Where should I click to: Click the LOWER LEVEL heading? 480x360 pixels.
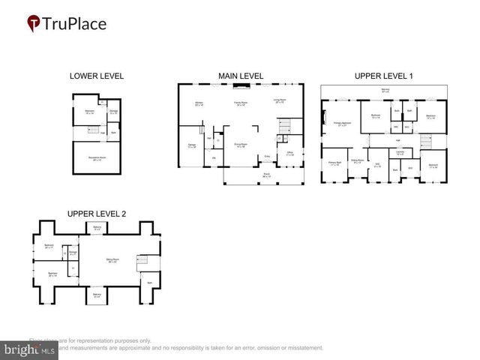(96, 76)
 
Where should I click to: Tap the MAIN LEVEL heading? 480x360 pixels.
(241, 76)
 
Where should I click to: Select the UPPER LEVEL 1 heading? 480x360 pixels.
(385, 76)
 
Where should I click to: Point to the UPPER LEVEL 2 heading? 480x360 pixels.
(96, 214)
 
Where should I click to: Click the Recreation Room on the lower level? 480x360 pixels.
(97, 158)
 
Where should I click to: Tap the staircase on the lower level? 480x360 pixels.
(93, 130)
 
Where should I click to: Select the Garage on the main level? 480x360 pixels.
(192, 146)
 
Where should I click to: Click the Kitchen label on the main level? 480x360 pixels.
(199, 103)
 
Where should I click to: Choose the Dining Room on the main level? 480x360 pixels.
(241, 145)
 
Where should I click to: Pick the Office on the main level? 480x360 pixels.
(289, 154)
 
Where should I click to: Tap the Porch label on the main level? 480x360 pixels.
(266, 175)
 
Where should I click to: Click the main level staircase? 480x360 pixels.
(284, 124)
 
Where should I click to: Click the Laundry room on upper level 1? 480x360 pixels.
(400, 152)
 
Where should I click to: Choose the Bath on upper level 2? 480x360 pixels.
(150, 282)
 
